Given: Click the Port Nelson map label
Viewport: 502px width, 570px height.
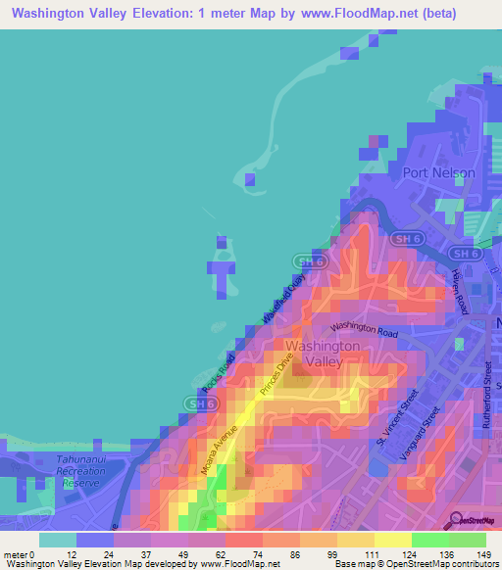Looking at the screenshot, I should point(438,172).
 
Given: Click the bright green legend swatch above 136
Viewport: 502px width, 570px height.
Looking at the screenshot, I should point(429,540).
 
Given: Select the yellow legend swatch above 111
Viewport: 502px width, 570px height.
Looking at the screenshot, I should point(355,540).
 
